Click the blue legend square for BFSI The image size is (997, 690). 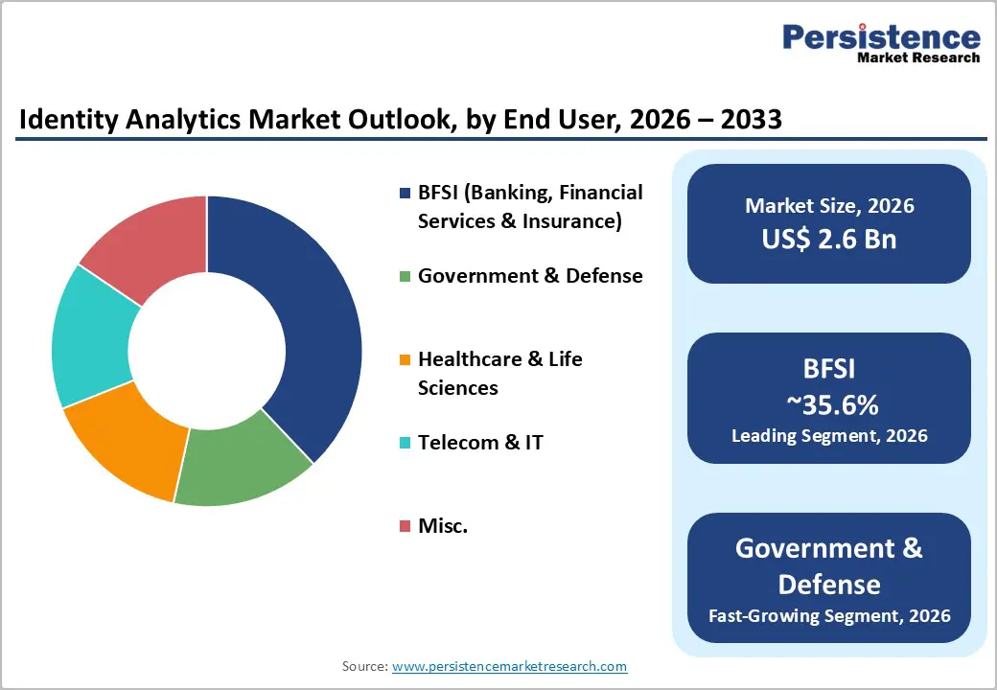pos(405,194)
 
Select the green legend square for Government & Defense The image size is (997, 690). pos(405,277)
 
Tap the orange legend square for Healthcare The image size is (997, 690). pos(405,360)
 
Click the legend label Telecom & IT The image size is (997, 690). pos(480,443)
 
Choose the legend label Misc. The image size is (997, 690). pos(443,526)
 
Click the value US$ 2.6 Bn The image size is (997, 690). pos(829,239)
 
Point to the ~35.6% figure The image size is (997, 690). pos(830,405)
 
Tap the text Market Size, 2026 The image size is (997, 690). pos(829,206)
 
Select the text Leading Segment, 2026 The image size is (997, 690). pos(829,436)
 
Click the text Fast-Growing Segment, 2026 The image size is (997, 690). pos(829,615)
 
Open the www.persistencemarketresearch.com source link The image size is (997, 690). pos(509,666)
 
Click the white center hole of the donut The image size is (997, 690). pos(206,350)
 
